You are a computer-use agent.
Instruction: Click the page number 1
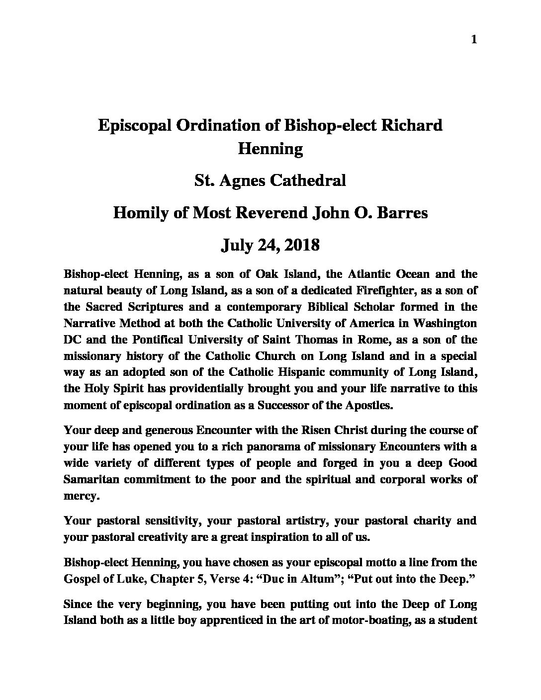pos(473,40)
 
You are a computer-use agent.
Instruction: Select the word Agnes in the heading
pos(242,179)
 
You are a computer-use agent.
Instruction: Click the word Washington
pos(443,323)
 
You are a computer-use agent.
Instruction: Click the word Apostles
pos(369,405)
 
